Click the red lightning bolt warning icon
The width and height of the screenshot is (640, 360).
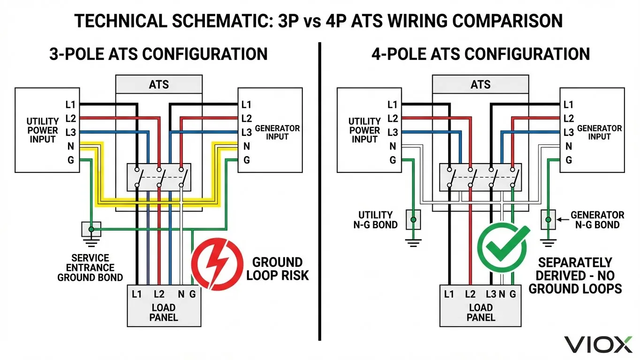pyautogui.click(x=217, y=263)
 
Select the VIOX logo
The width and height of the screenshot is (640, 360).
pyautogui.click(x=598, y=345)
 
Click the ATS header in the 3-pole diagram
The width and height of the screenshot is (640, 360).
pyautogui.click(x=159, y=85)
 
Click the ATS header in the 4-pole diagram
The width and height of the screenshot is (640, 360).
pyautogui.click(x=481, y=85)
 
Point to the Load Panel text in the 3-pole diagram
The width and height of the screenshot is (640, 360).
pyautogui.click(x=164, y=313)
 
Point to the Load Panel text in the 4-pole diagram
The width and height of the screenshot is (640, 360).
pyautogui.click(x=481, y=313)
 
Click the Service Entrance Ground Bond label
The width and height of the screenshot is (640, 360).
pyautogui.click(x=90, y=268)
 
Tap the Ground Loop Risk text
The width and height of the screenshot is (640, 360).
pyautogui.click(x=278, y=269)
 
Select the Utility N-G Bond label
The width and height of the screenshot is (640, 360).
pyautogui.click(x=375, y=220)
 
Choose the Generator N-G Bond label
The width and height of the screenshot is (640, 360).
pyautogui.click(x=597, y=220)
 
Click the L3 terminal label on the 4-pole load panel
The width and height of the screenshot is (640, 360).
pyautogui.click(x=491, y=294)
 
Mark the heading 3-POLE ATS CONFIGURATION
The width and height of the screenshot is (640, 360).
pyautogui.click(x=158, y=54)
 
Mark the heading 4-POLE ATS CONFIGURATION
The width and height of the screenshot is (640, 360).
pyautogui.click(x=481, y=54)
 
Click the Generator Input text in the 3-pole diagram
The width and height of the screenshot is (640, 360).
pyautogui.click(x=277, y=132)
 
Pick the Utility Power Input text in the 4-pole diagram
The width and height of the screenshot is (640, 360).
pyautogui.click(x=364, y=130)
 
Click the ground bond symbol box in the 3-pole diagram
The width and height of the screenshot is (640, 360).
pyautogui.click(x=91, y=229)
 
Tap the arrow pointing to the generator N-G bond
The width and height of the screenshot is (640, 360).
pyautogui.click(x=562, y=219)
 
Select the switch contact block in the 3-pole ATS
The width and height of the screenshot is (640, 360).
pyautogui.click(x=159, y=177)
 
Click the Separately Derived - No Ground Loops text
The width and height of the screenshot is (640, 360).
pyautogui.click(x=575, y=276)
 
